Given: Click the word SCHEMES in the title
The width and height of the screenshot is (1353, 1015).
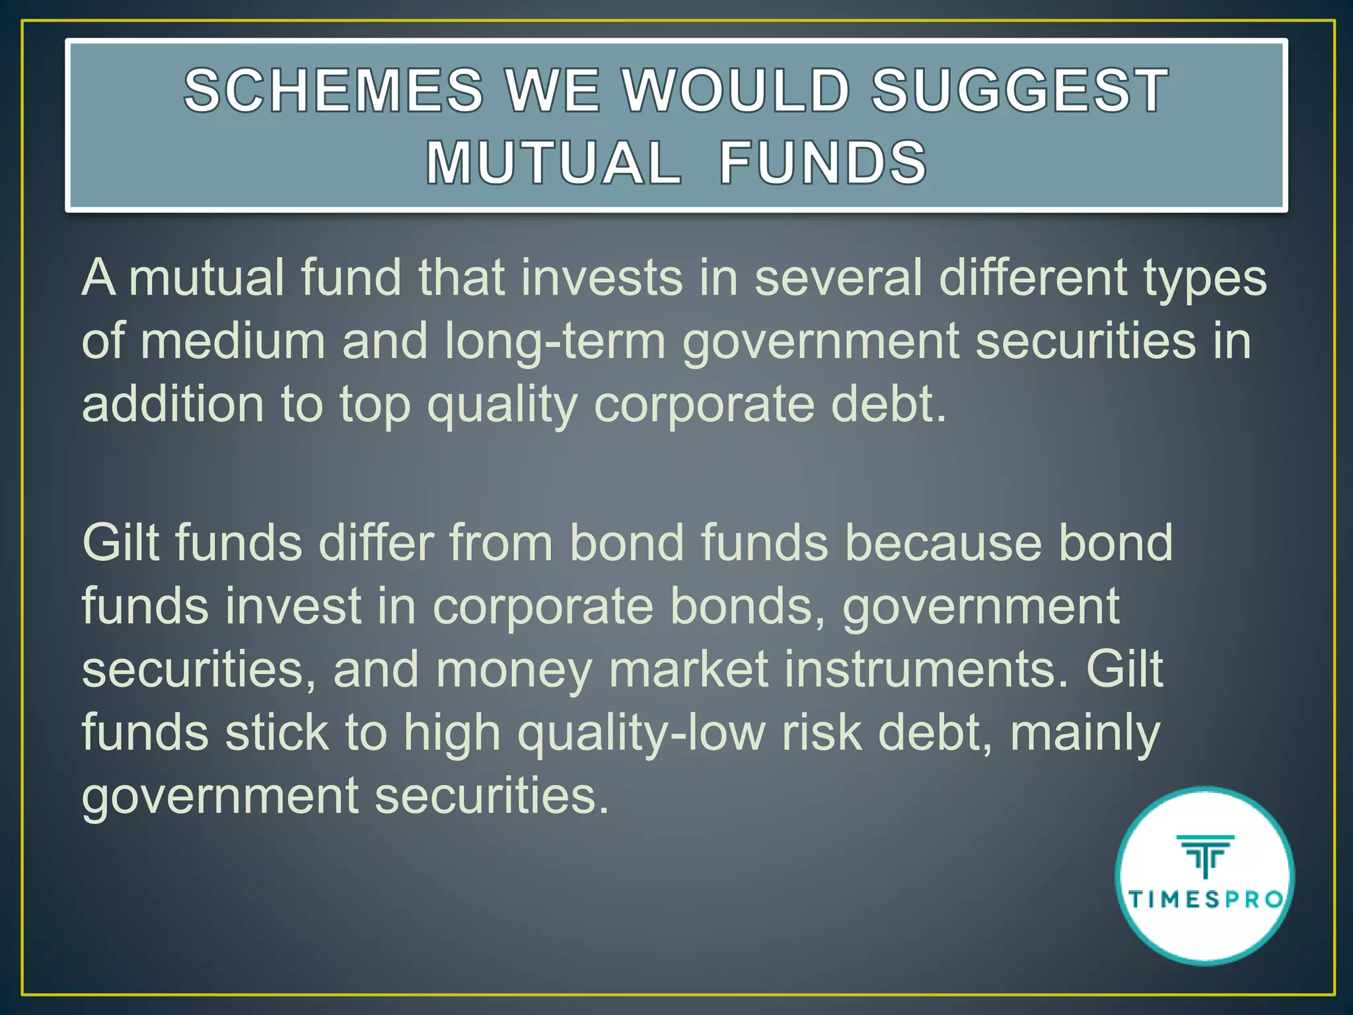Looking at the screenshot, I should [334, 91].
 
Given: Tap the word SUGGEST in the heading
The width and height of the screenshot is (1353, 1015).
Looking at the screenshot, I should [1020, 91].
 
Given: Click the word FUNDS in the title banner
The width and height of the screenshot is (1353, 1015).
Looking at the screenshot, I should [823, 163].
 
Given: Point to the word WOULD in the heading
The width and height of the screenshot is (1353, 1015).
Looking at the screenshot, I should [736, 91].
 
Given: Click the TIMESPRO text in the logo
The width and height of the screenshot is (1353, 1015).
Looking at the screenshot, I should [1206, 900].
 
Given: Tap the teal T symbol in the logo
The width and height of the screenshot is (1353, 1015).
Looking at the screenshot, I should [1206, 856].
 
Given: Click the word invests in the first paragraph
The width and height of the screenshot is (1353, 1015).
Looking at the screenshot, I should [602, 277].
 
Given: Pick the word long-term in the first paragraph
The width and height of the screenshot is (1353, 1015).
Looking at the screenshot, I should [555, 342].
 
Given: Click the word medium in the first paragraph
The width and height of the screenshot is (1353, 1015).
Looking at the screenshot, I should [233, 342].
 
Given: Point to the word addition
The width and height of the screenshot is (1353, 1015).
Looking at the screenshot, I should [172, 404].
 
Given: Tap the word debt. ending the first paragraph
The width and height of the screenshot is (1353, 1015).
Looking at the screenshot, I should [889, 404].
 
